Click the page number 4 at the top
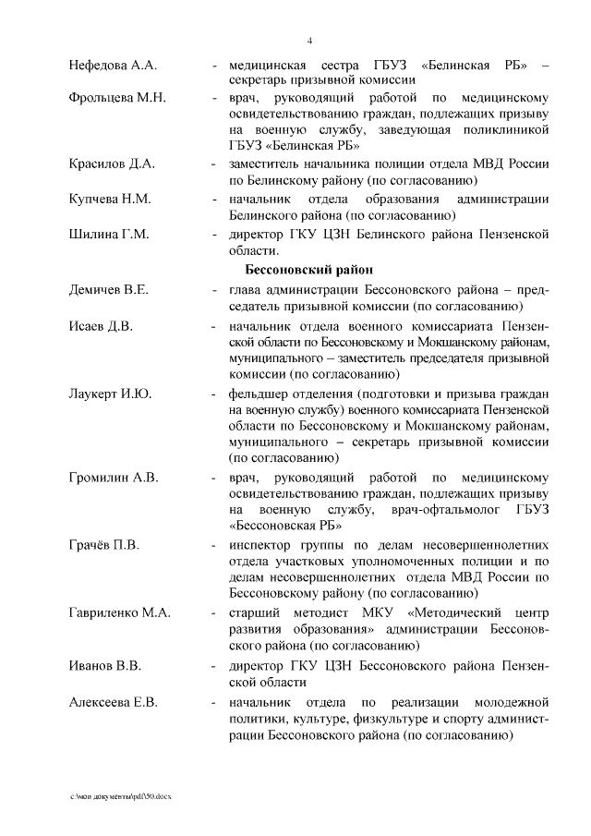[x=309, y=40]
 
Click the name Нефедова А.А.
[x=114, y=67]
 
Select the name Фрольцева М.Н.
[x=116, y=99]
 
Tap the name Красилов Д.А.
[x=112, y=164]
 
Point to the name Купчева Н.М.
[x=110, y=200]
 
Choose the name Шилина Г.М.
[x=109, y=234]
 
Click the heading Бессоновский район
[x=309, y=269]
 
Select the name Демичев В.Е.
[x=109, y=290]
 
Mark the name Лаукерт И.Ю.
[x=111, y=394]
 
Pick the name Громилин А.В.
[x=114, y=478]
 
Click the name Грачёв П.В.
[x=103, y=545]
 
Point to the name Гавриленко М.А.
[x=118, y=612]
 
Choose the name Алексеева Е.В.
[x=114, y=702]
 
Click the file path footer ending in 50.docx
[x=121, y=796]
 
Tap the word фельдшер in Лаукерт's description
[x=261, y=394]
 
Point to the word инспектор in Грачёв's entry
[x=264, y=545]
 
